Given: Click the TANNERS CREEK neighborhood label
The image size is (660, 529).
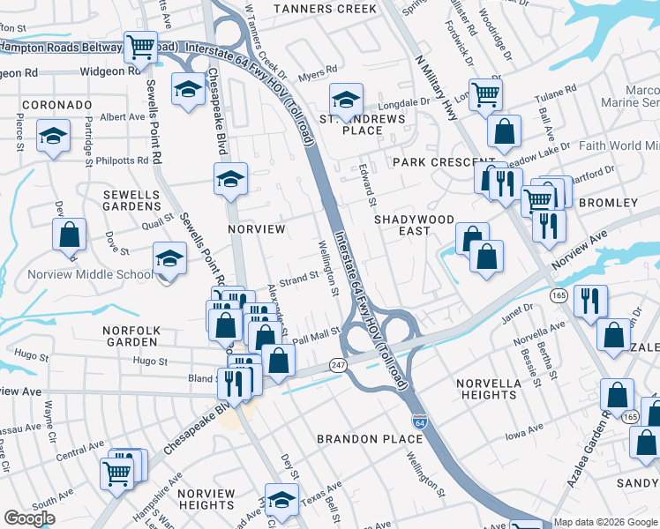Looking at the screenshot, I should [325, 9].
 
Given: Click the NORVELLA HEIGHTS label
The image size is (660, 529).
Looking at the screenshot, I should [489, 389].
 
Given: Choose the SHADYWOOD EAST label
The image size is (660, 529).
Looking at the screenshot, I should [414, 225].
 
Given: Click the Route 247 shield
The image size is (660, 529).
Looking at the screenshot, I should [338, 364].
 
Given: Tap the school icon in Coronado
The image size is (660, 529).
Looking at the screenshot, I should [53, 136].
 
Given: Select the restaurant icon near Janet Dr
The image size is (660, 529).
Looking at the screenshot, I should [589, 301].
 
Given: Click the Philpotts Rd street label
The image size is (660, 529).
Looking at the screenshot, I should [124, 160].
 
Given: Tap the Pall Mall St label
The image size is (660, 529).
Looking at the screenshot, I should [316, 335].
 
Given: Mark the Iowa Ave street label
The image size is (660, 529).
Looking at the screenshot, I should [523, 430].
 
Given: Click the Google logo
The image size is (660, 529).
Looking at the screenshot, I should [29, 518].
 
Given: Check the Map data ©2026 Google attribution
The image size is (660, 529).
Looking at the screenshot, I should [605, 522].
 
